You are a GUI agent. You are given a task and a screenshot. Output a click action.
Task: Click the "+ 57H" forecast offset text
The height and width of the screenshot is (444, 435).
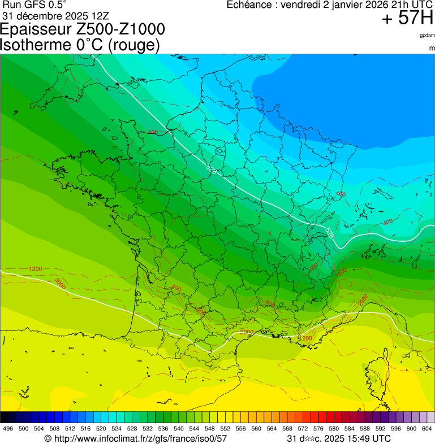click(407, 19)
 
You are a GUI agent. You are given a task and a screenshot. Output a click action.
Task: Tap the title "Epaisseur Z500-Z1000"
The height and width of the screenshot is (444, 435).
click(83, 29)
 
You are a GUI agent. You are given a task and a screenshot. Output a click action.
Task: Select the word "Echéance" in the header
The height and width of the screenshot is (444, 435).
click(249, 5)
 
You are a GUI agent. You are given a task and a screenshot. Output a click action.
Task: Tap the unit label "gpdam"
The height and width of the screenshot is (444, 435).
click(427, 36)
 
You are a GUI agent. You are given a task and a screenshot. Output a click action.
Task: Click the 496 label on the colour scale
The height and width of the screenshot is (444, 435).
click(8, 429)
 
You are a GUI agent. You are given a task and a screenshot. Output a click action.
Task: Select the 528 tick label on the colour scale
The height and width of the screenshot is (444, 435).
click(131, 429)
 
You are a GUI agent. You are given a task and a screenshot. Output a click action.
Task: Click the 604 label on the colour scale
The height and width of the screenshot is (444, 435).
click(427, 429)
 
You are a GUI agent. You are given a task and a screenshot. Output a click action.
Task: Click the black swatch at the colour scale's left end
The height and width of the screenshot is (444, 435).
click(5, 417)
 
